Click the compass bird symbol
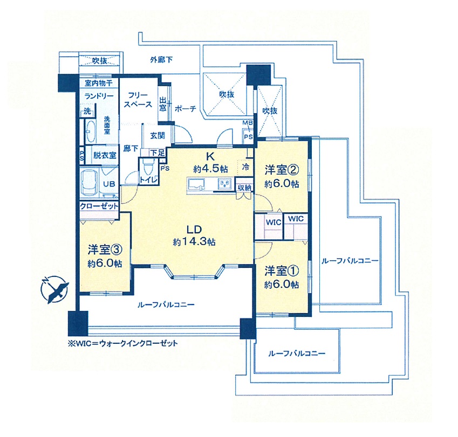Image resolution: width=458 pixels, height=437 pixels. pyautogui.click(x=56, y=289)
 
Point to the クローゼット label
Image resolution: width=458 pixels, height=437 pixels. pyautogui.click(x=99, y=206)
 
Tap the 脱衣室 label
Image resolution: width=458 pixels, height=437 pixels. pyautogui.click(x=105, y=154)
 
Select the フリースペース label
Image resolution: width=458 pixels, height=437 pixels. pyautogui.click(x=138, y=100)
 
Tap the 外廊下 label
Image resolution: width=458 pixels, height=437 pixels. pyautogui.click(x=161, y=60)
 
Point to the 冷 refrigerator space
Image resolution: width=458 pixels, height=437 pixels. pyautogui.click(x=246, y=167)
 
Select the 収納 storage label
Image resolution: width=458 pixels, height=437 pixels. pyautogui.click(x=244, y=187)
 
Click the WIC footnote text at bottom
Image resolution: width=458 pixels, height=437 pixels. pyautogui.click(x=122, y=343)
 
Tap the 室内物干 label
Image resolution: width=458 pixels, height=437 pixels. pyautogui.click(x=98, y=83)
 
